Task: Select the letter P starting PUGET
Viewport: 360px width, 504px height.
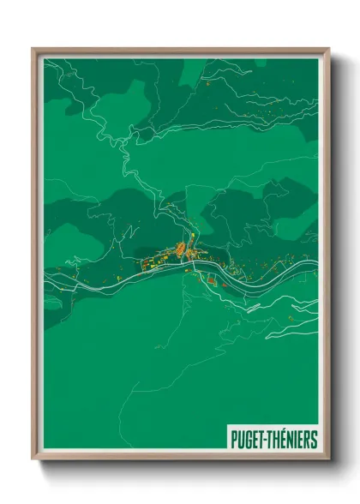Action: point(233,440)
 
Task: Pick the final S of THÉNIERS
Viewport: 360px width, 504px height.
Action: point(314,440)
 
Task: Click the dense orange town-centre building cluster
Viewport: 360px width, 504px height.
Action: point(182,250)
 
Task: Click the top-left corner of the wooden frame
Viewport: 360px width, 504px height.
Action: point(33,49)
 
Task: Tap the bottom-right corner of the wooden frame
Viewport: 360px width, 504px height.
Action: point(327,459)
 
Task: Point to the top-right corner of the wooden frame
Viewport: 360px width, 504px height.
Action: point(327,49)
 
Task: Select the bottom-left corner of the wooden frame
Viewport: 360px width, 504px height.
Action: point(33,459)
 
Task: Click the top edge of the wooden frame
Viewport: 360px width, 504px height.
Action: point(180,49)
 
